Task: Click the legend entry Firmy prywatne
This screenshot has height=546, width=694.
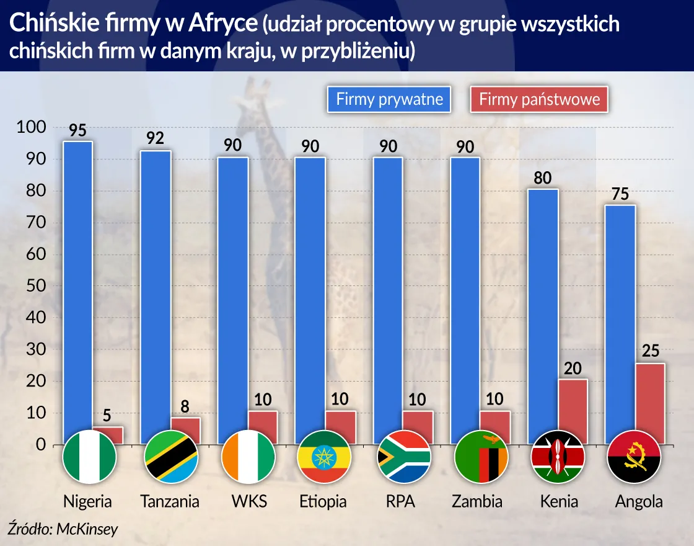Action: (389, 99)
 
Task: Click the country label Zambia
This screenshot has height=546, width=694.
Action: (478, 501)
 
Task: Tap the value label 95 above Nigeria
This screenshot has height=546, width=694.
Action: (77, 130)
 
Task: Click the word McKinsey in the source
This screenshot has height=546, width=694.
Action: (87, 529)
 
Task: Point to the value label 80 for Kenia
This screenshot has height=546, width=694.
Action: (543, 178)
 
